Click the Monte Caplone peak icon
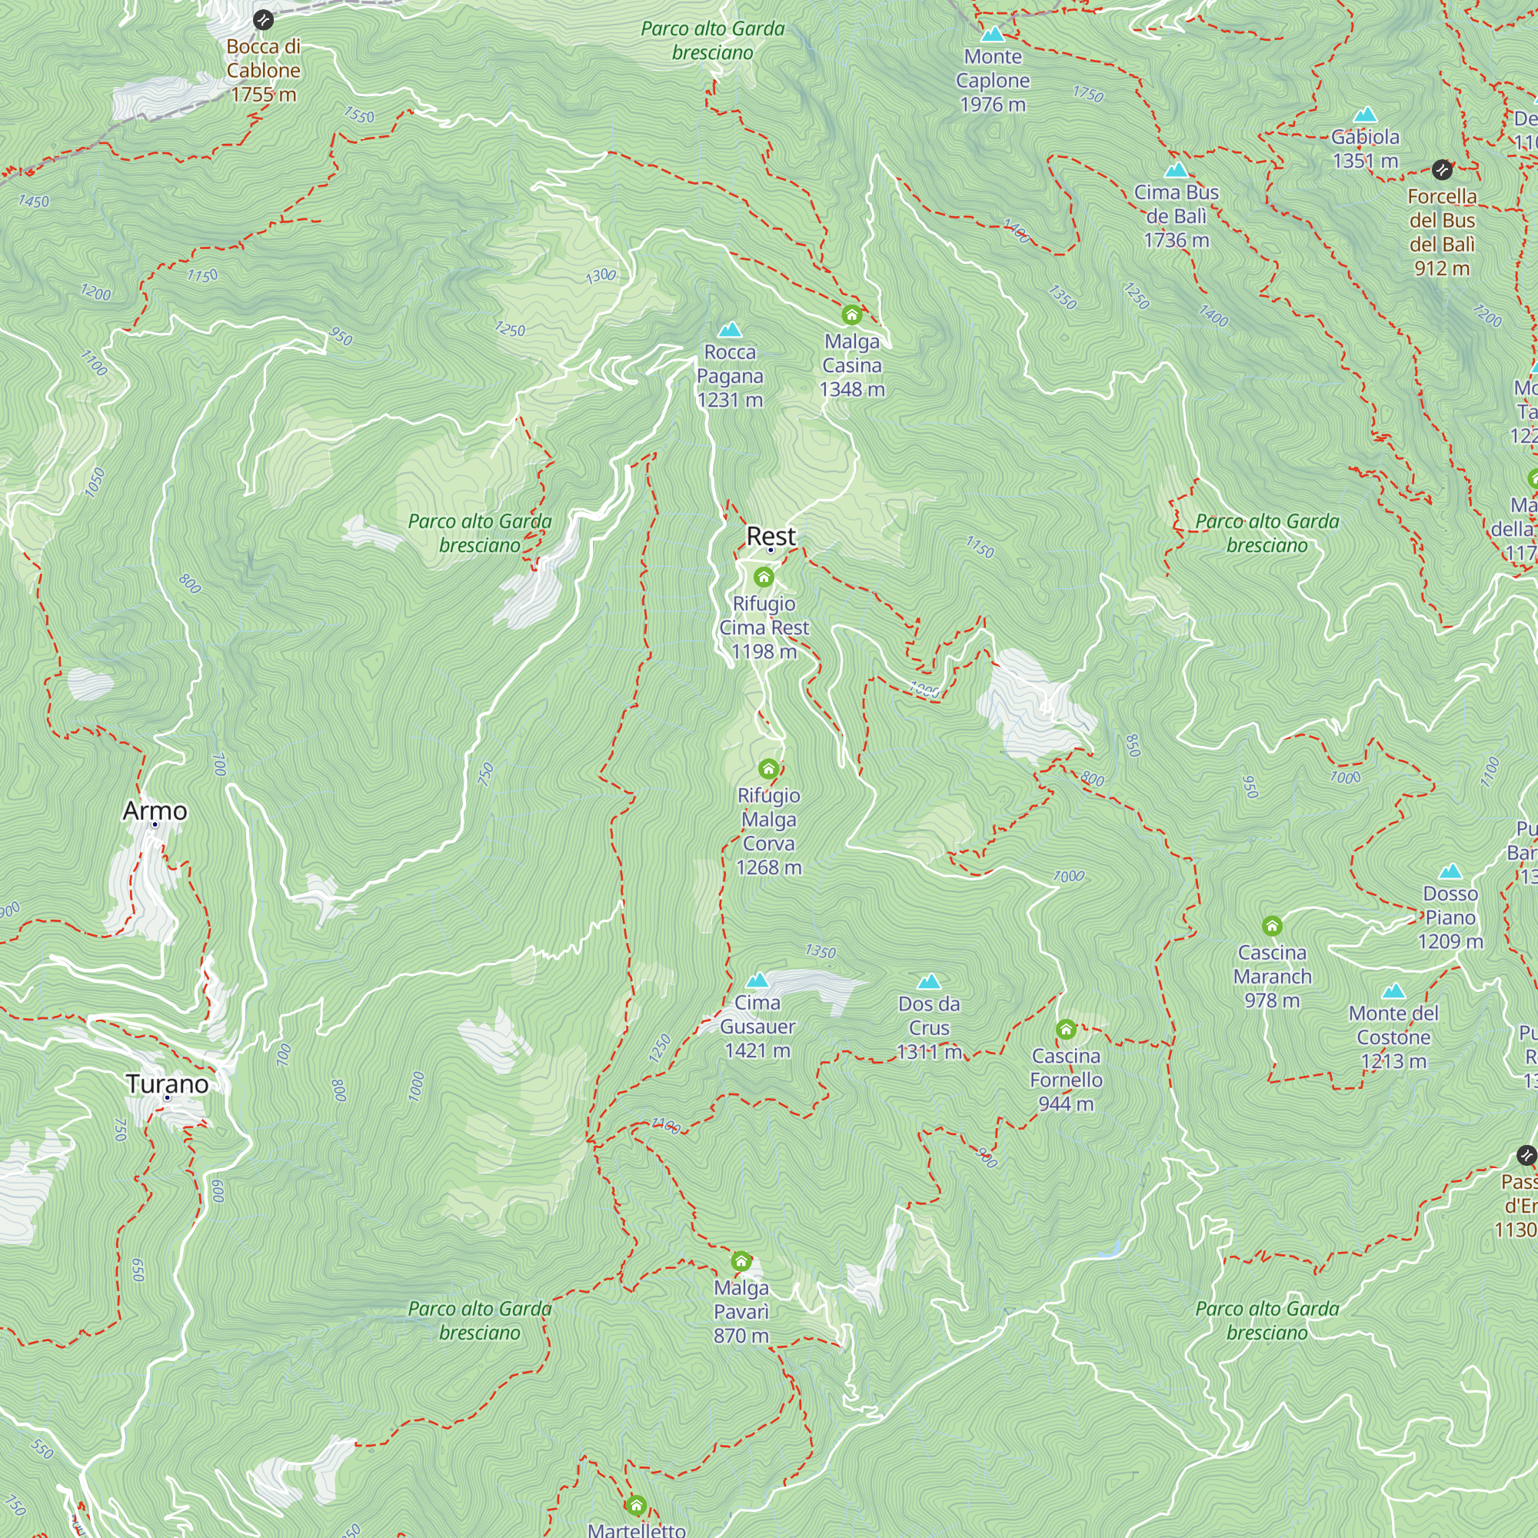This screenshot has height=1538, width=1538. click(x=992, y=35)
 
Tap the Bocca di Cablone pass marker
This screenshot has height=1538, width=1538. click(x=263, y=20)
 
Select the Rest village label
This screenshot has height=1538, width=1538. click(x=771, y=536)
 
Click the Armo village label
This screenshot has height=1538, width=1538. click(x=155, y=811)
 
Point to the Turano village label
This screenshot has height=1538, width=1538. click(x=167, y=1084)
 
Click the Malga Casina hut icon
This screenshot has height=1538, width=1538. click(x=852, y=315)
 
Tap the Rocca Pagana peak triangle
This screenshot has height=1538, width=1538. click(x=729, y=330)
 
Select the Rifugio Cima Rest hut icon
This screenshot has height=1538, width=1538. click(x=764, y=578)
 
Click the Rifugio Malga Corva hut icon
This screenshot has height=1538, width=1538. click(x=768, y=769)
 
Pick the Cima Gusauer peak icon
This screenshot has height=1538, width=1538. click(x=757, y=980)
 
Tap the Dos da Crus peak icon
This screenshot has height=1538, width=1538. click(x=929, y=981)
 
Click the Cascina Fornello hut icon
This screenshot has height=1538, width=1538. click(x=1066, y=1030)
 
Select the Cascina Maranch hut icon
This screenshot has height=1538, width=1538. click(x=1272, y=926)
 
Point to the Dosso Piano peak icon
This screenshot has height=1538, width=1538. click(x=1450, y=871)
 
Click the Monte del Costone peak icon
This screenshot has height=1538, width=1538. click(x=1393, y=991)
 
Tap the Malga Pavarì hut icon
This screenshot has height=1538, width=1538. click(x=741, y=1261)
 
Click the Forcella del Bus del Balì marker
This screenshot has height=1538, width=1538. click(x=1442, y=169)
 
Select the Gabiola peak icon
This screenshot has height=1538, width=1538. click(x=1365, y=115)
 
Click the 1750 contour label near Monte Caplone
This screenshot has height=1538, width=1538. click(x=1087, y=94)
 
